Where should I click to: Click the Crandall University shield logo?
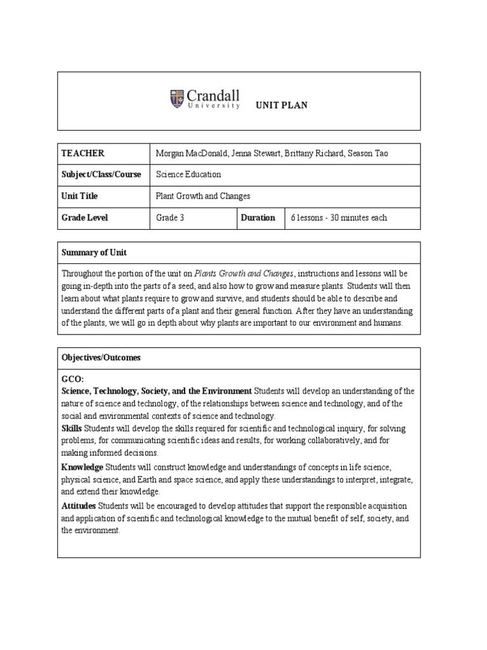point(177,98)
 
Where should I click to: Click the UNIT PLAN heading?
point(281,105)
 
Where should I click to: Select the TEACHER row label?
point(82,154)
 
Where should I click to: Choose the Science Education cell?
point(188,175)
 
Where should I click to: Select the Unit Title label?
point(79,196)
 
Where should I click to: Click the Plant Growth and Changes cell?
point(203,196)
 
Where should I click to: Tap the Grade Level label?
point(84,218)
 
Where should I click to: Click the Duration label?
point(257,218)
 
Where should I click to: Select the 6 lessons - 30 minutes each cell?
point(339,218)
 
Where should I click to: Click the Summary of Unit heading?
point(94,253)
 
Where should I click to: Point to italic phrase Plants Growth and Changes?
point(244,274)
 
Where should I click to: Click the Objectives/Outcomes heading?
point(101,358)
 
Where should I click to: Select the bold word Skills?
point(72,429)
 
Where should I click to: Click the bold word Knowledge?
point(82,467)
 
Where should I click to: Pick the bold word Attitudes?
point(79,506)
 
